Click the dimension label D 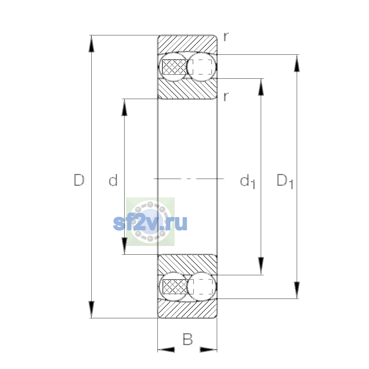coord(79,180)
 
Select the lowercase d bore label coord(113,180)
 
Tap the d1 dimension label coord(248,181)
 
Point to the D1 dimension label coord(285,181)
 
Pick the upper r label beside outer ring coord(226,37)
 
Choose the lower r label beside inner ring coord(226,97)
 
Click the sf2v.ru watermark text coord(150,223)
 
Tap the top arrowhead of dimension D coord(91,44)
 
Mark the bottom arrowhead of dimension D coord(91,310)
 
